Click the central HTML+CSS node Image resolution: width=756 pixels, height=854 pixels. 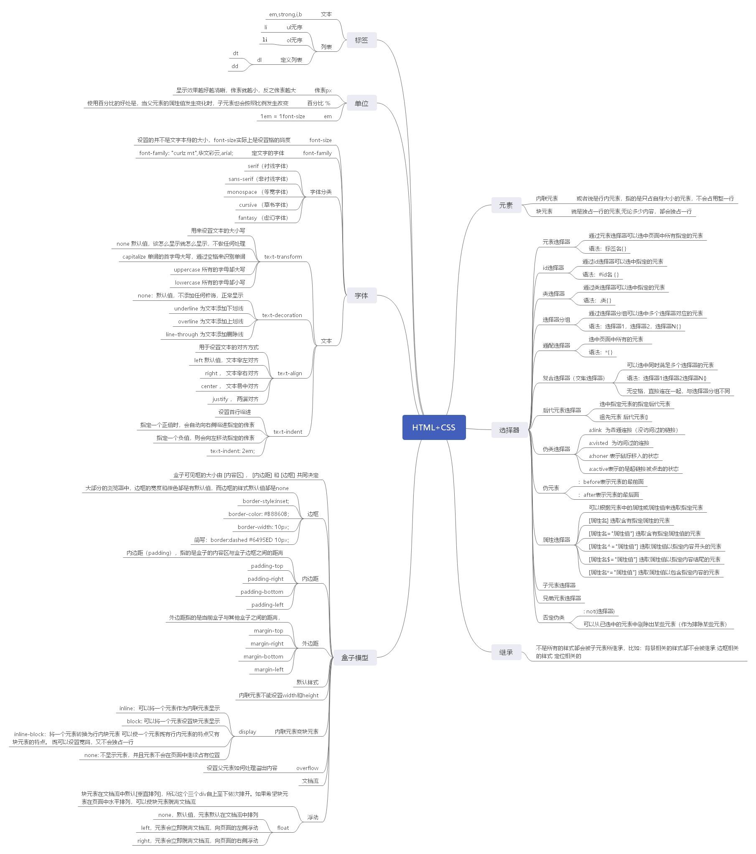(x=434, y=427)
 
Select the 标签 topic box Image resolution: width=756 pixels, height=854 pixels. (x=361, y=40)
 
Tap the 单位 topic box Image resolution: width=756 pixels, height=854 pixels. (x=361, y=103)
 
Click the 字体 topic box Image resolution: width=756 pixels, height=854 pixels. (x=361, y=295)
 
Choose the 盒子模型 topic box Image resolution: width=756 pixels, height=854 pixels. (x=355, y=657)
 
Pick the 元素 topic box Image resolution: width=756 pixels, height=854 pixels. (x=506, y=205)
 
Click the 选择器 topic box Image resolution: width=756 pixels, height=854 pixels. (x=509, y=430)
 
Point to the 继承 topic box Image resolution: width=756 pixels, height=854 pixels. (x=506, y=652)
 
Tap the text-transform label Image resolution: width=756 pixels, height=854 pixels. (x=283, y=257)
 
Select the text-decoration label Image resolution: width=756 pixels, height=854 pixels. (x=282, y=315)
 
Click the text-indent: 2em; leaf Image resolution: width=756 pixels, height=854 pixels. (x=232, y=451)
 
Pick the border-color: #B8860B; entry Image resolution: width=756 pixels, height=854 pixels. (x=259, y=514)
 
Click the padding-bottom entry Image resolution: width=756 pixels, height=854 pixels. (x=262, y=592)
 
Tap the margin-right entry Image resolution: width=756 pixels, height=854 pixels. (x=267, y=643)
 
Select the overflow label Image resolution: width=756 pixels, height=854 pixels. (x=307, y=768)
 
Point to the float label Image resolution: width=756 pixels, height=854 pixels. (x=283, y=828)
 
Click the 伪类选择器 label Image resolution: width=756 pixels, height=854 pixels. (x=556, y=449)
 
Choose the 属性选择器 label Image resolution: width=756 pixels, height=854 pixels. (x=556, y=540)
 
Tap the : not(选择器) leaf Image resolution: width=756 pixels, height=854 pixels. (x=599, y=611)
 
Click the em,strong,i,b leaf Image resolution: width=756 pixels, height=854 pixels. (x=285, y=15)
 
